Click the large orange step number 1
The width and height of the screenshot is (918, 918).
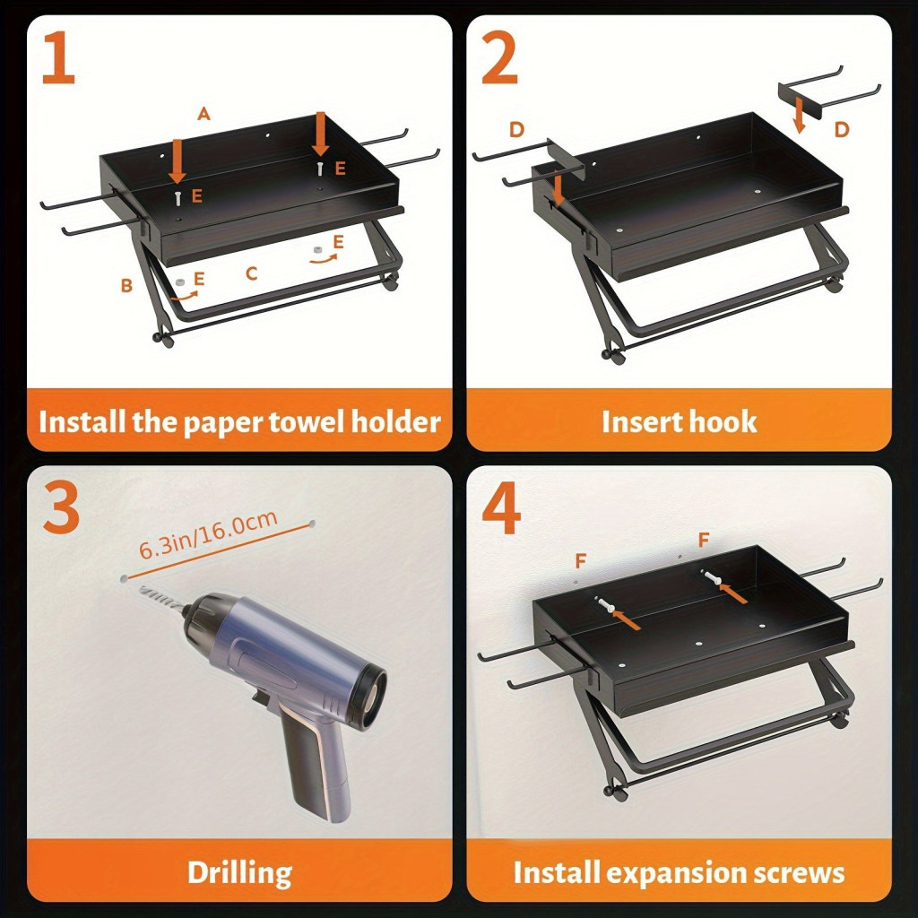pyautogui.click(x=58, y=57)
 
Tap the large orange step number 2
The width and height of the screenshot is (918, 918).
pyautogui.click(x=499, y=57)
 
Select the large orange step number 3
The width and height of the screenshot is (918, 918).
pyautogui.click(x=61, y=508)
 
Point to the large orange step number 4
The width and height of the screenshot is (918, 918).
pyautogui.click(x=501, y=508)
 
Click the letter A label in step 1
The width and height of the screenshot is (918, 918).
pyautogui.click(x=204, y=113)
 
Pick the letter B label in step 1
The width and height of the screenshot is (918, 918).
pyautogui.click(x=126, y=285)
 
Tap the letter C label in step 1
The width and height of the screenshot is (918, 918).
pyautogui.click(x=252, y=273)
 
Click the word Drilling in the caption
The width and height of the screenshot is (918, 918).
pyautogui.click(x=239, y=873)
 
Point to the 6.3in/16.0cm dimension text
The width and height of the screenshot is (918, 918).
pyautogui.click(x=208, y=534)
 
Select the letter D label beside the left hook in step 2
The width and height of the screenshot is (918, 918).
pyautogui.click(x=516, y=129)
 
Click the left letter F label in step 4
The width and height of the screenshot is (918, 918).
pyautogui.click(x=580, y=561)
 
